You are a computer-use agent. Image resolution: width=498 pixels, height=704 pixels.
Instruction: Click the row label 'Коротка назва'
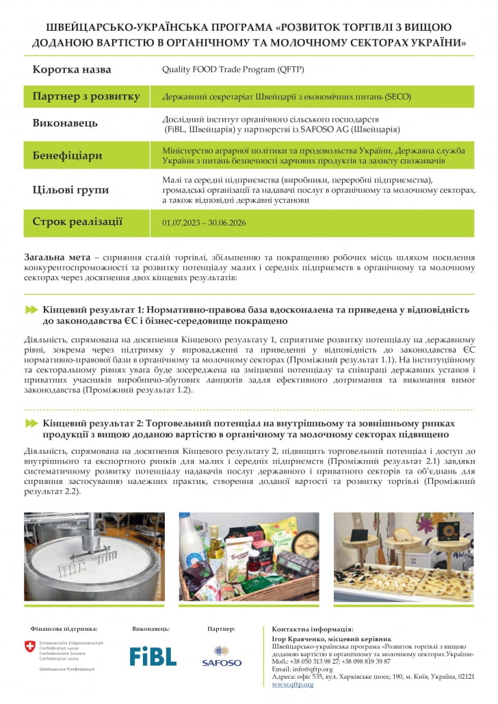click(x=72, y=70)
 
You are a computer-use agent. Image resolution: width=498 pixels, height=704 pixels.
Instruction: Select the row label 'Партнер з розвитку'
click(x=86, y=96)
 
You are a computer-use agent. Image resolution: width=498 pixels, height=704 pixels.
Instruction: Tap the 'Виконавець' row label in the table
click(x=65, y=124)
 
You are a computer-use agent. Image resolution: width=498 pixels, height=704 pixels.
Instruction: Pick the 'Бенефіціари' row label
click(x=67, y=155)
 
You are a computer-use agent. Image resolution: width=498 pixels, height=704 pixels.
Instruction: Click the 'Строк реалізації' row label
click(x=77, y=221)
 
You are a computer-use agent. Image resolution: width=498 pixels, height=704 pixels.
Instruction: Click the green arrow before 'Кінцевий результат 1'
click(x=31, y=310)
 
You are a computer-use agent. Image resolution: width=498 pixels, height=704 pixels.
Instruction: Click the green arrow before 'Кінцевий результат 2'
click(x=31, y=424)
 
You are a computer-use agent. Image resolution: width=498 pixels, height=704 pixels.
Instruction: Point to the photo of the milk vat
click(x=93, y=556)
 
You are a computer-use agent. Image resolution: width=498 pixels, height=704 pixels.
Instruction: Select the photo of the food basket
click(x=248, y=556)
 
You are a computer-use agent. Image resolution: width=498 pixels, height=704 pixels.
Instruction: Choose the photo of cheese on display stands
click(x=404, y=556)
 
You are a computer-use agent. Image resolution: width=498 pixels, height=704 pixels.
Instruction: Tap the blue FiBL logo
click(x=153, y=656)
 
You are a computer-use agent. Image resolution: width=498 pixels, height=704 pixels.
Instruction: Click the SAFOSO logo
click(x=222, y=656)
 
